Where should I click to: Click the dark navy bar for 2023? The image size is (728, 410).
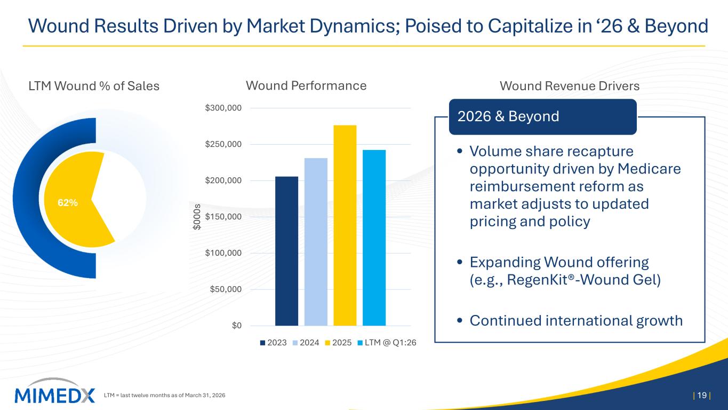[x=286, y=251]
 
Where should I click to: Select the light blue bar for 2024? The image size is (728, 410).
[x=316, y=242]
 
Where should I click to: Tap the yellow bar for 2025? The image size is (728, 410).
[x=345, y=225]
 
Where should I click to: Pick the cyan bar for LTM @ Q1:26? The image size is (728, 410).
[x=374, y=238]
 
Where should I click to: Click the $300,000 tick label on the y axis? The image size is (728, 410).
[x=223, y=108]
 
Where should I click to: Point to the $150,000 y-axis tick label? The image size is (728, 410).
[x=223, y=217]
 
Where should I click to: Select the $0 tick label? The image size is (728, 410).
[x=237, y=326]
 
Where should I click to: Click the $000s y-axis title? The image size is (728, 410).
[x=197, y=217]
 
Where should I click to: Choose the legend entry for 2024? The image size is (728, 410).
[x=306, y=343]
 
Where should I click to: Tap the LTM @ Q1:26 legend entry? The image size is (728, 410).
[x=387, y=343]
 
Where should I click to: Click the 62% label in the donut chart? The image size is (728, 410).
[x=68, y=203]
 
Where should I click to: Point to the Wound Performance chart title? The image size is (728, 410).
[x=306, y=85]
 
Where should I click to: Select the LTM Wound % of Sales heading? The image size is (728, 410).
[x=94, y=86]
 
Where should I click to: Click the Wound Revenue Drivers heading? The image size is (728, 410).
[x=570, y=86]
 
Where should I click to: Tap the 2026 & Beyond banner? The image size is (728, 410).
[x=543, y=117]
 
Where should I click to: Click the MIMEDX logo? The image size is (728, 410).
[x=54, y=391]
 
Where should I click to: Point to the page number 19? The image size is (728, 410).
[x=702, y=395]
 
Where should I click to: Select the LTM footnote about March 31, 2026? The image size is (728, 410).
[x=164, y=396]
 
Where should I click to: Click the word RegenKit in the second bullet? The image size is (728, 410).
[x=537, y=280]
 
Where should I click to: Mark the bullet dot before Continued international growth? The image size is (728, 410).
[x=460, y=320]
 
